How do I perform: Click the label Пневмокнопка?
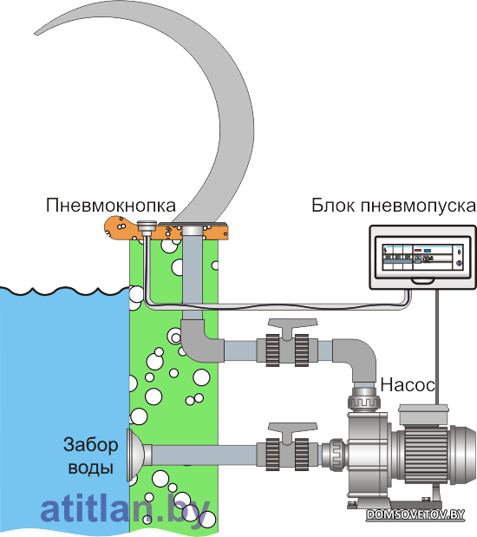pyautogui.click(x=111, y=206)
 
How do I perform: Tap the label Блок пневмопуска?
pyautogui.click(x=394, y=206)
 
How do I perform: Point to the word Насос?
pyautogui.click(x=408, y=385)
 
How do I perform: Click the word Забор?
pyautogui.click(x=91, y=445)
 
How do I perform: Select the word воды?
pyautogui.click(x=91, y=468)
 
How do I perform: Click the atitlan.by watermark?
pyautogui.click(x=126, y=510)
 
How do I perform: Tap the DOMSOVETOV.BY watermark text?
pyautogui.click(x=415, y=514)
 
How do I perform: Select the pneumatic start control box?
pyautogui.click(x=422, y=257)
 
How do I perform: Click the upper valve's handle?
pyautogui.click(x=293, y=324)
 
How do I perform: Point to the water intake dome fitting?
pyautogui.click(x=135, y=455)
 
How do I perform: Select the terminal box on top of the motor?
pyautogui.click(x=423, y=415)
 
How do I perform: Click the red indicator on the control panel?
pyautogui.click(x=418, y=251)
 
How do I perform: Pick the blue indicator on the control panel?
pyautogui.click(x=428, y=251)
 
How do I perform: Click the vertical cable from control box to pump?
pyautogui.click(x=436, y=347)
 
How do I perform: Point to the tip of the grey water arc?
pyautogui.click(x=35, y=34)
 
